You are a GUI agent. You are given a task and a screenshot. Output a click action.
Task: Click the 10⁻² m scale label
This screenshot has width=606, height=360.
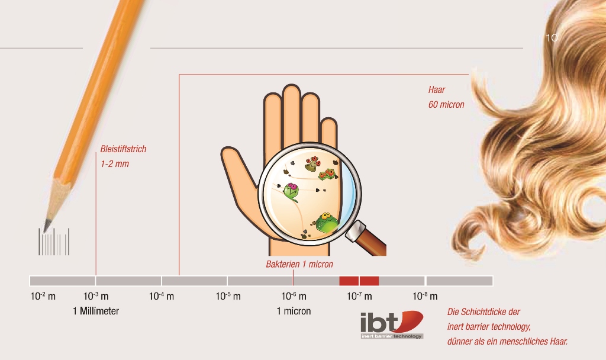coord(43,296)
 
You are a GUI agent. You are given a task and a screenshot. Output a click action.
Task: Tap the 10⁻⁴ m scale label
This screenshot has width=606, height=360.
coord(162,296)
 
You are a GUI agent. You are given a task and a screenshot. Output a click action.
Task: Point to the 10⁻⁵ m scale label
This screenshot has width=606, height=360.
coord(228,296)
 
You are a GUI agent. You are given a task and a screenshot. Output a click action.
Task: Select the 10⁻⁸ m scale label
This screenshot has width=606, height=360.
coord(425,296)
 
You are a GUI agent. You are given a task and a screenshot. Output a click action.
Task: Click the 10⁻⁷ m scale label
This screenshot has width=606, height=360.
coord(359,296)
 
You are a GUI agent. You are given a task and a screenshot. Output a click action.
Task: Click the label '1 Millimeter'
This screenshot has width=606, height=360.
coord(96,311)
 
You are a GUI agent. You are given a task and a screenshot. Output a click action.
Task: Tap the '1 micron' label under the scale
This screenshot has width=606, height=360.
coord(294,311)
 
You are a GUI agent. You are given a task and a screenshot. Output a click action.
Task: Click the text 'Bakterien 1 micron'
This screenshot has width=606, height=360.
coord(299,264)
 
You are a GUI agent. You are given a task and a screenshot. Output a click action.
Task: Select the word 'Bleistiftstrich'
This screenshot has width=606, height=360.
coord(123,149)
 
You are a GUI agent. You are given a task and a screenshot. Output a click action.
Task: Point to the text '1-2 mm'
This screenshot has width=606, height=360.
coord(115,164)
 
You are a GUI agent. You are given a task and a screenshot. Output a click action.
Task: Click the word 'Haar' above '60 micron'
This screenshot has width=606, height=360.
coord(437,90)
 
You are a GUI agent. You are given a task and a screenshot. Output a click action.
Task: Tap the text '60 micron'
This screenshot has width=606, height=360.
coord(446,104)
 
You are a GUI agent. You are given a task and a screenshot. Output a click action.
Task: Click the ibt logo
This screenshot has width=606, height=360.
coord(392,325)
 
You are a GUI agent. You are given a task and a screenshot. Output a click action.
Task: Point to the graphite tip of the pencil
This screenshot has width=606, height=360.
coord(47,226)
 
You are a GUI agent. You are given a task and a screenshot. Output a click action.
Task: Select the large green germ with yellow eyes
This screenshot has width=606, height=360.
coord(327,223)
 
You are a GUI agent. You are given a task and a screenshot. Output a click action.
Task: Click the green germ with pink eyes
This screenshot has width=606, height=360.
coord(291,192)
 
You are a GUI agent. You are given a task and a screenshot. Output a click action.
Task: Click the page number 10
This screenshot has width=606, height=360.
coord(552,37)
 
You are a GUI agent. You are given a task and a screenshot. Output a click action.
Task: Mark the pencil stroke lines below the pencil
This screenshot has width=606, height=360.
coord(54,242)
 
